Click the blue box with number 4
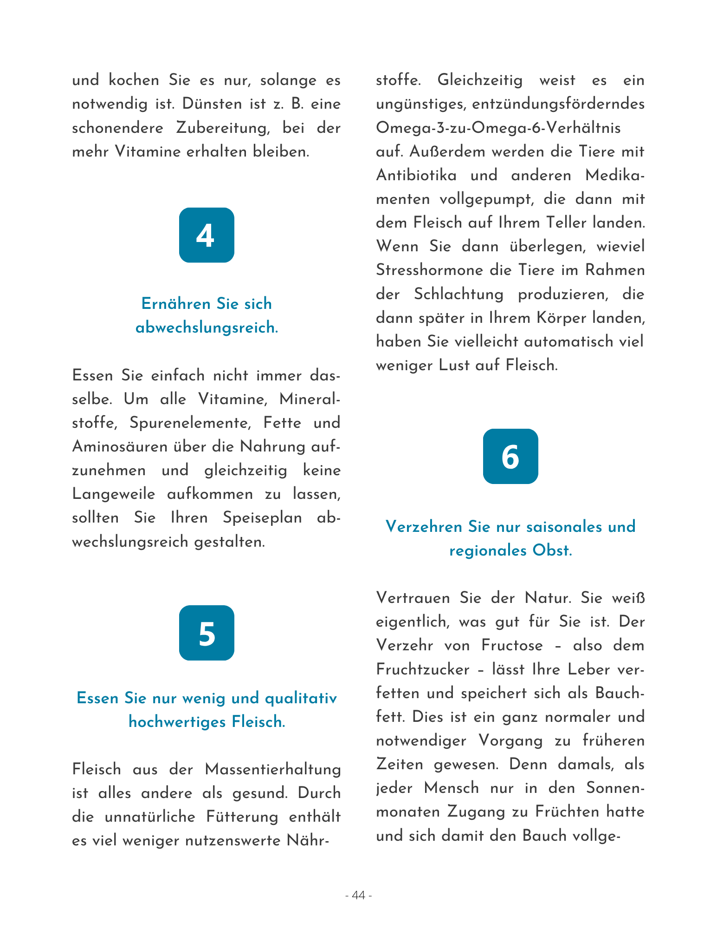(x=207, y=235)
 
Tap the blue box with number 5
(x=207, y=633)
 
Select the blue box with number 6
(x=510, y=456)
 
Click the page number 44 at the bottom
(x=358, y=895)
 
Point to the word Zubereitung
(x=223, y=128)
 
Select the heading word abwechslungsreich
(x=207, y=328)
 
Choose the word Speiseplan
(x=262, y=517)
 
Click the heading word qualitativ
(x=301, y=698)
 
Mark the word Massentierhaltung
(x=272, y=769)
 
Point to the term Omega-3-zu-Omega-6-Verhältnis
(x=498, y=128)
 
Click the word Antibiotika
(x=416, y=175)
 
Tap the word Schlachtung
(x=459, y=294)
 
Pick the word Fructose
(x=512, y=645)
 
